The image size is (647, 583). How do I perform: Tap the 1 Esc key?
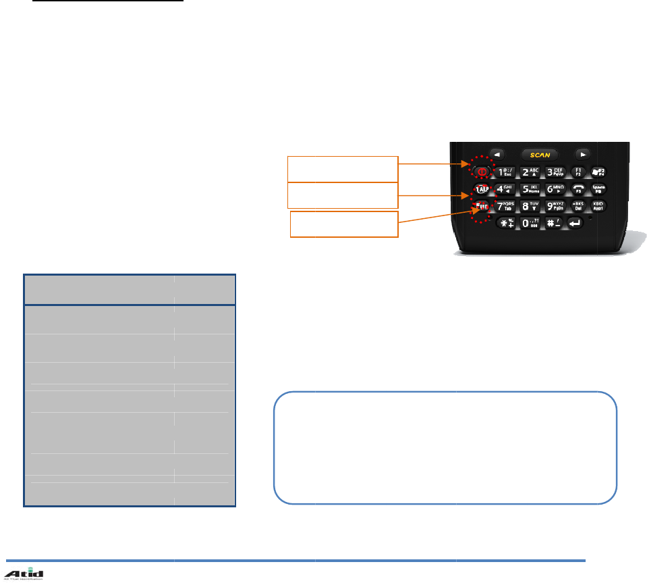click(x=506, y=171)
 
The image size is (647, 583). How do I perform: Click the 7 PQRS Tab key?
click(x=506, y=205)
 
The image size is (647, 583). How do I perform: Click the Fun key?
click(x=482, y=205)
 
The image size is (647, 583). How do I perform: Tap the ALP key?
click(x=482, y=188)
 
